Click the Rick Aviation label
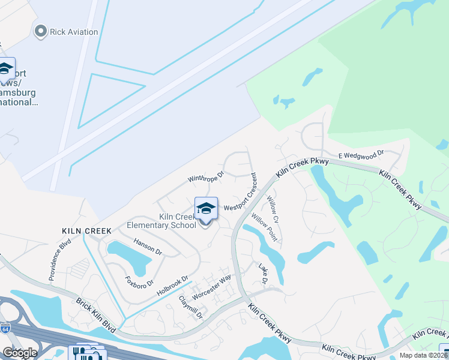click(x=74, y=31)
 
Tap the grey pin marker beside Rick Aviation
click(x=41, y=31)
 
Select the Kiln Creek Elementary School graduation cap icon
click(x=206, y=208)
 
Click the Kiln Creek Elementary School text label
click(x=161, y=221)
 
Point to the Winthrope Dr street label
click(x=205, y=177)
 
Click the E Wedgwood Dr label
click(x=360, y=155)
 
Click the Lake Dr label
click(x=262, y=274)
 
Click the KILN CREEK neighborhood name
click(x=86, y=230)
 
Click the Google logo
click(x=20, y=353)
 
